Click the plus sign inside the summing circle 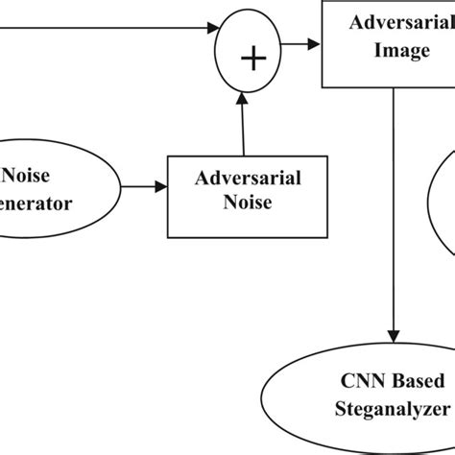[x=252, y=60]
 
